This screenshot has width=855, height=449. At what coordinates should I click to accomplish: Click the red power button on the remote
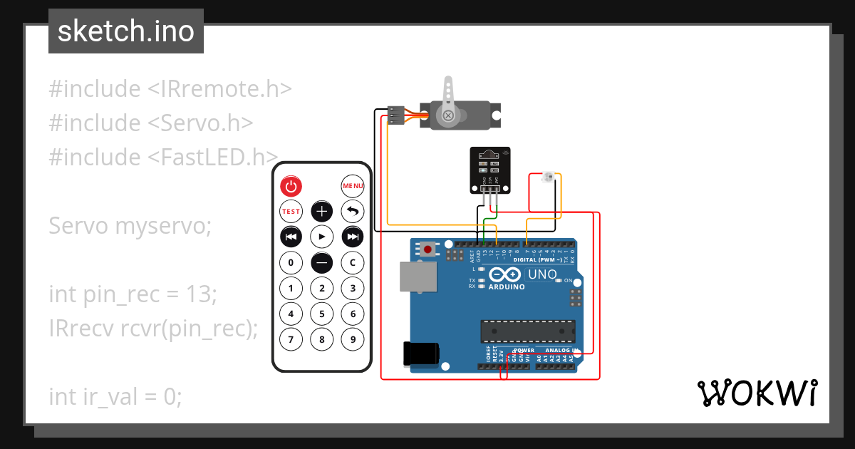[291, 187]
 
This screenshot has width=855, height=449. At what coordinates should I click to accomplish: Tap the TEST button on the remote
[291, 212]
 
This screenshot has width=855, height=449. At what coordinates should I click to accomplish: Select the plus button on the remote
[322, 211]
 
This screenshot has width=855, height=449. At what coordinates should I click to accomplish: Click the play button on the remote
[322, 236]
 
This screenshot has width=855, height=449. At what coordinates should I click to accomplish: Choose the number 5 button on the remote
[322, 314]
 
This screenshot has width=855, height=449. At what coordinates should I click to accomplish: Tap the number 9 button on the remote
[353, 339]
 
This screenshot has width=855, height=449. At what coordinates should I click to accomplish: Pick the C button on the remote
[353, 262]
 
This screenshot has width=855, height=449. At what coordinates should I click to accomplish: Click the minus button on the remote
[322, 262]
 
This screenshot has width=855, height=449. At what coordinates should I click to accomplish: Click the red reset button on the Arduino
[427, 249]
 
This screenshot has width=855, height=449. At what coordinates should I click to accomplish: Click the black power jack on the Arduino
[420, 354]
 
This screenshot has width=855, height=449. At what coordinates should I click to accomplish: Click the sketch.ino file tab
[126, 31]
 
